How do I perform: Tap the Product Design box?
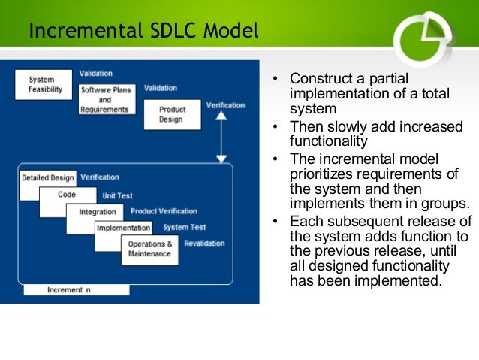pyautogui.click(x=171, y=114)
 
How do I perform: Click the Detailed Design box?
pyautogui.click(x=47, y=178)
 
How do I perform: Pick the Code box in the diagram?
pyautogui.click(x=67, y=195)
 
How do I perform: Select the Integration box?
pyautogui.click(x=97, y=212)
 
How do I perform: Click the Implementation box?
pyautogui.click(x=123, y=228)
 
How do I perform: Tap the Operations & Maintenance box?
pyautogui.click(x=149, y=249)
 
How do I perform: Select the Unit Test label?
pyautogui.click(x=117, y=195)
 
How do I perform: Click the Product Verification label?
pyautogui.click(x=164, y=211)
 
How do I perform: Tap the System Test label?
pyautogui.click(x=185, y=227)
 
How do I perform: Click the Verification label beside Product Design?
pyautogui.click(x=225, y=105)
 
